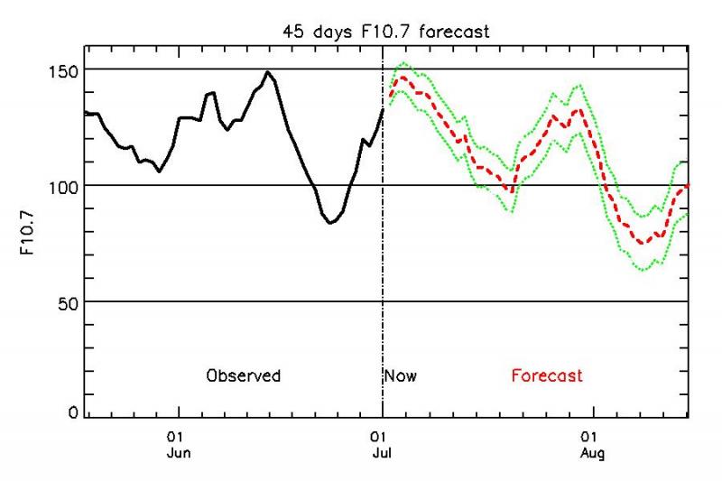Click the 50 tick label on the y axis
(64, 302)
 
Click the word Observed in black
(243, 375)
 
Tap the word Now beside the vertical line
(401, 375)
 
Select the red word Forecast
(547, 375)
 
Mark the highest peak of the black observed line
(268, 72)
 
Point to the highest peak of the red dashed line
(403, 78)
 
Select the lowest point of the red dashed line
(643, 243)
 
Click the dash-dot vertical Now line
(383, 271)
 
